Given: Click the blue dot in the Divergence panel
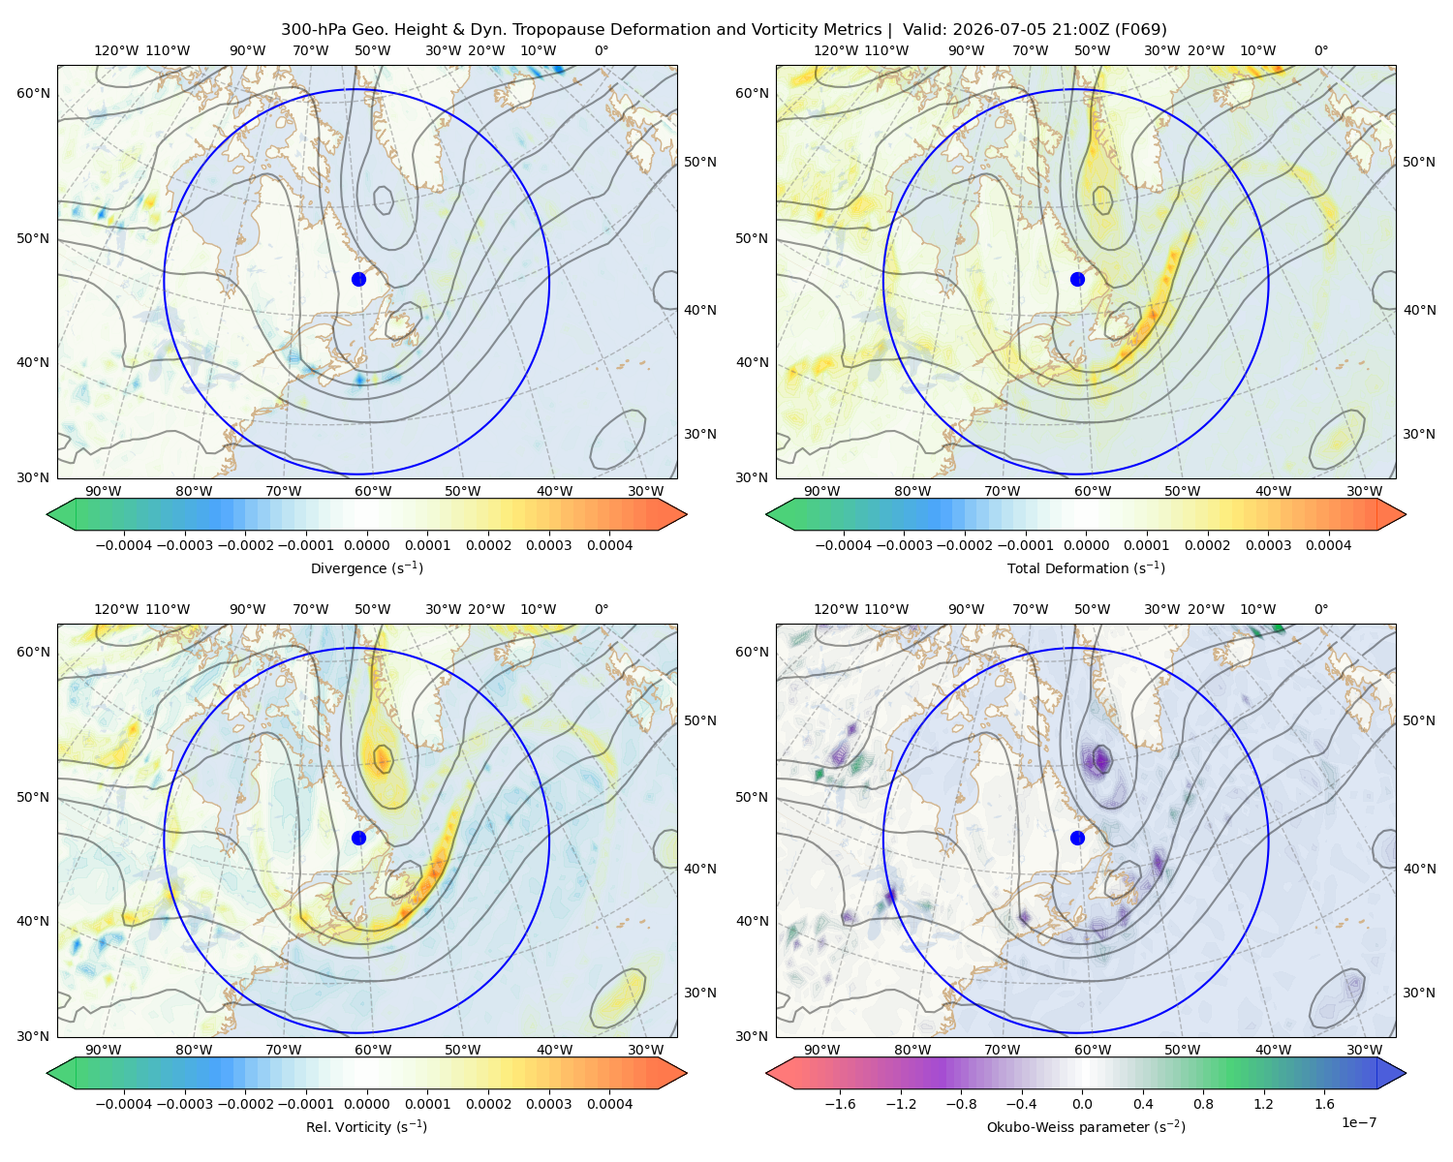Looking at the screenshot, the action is coord(358,279).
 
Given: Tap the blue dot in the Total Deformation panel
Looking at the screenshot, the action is coord(1077,279).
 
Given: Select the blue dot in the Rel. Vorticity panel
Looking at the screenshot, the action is coord(358,838).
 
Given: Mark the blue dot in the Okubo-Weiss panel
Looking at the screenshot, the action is coord(1077,838).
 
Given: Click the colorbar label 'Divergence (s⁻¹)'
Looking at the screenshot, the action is coord(366,567).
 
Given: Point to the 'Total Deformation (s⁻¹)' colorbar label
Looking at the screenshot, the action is coord(1086,567).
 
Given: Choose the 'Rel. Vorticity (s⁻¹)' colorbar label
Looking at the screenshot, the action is coord(366,1126).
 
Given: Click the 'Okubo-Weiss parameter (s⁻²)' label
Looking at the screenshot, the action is coord(1086,1126).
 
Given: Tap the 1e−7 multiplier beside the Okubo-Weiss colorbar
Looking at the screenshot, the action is coord(1358,1122).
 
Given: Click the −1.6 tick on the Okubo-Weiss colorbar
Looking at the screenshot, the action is coord(840,1103).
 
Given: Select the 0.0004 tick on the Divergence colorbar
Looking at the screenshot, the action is coord(609,545).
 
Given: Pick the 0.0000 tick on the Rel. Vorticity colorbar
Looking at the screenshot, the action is coord(366,1103).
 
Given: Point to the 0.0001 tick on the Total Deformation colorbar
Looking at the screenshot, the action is coord(1147,545).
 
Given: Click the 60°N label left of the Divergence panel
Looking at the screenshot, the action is coord(33,93).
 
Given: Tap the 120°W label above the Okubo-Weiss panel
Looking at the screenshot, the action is coord(836,609).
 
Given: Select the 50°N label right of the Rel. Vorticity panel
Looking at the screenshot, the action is coord(700,720).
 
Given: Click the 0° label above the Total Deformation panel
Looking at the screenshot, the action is coord(1320,50).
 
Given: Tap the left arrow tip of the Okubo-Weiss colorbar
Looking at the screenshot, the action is coord(767,1073).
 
